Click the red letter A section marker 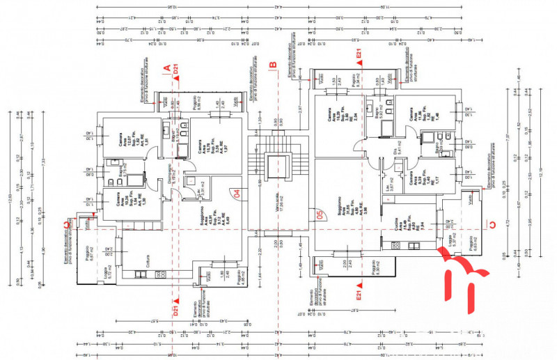[x=166, y=68]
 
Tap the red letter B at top [x=273, y=65]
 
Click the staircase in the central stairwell [x=278, y=167]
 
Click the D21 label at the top [x=177, y=70]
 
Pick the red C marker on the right [x=492, y=224]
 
